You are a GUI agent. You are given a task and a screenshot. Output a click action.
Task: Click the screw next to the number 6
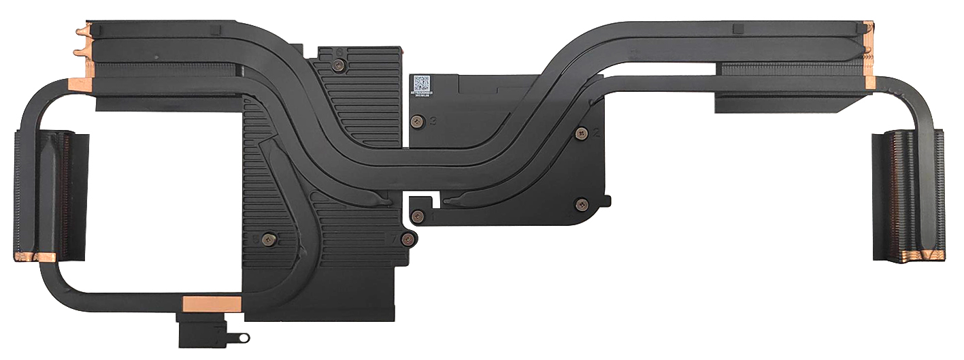(338, 65)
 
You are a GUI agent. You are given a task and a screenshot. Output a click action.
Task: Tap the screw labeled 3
(418, 122)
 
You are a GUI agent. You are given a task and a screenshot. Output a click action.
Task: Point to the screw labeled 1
(418, 216)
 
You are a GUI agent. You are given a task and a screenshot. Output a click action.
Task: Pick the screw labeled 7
(407, 238)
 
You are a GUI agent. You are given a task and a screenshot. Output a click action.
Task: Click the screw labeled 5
(268, 238)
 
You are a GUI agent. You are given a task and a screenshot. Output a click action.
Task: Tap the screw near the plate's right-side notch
(580, 203)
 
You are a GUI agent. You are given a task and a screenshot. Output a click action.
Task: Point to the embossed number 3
(433, 122)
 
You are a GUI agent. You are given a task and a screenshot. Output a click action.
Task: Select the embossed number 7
(393, 239)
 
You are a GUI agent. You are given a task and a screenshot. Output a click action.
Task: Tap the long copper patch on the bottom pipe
(212, 304)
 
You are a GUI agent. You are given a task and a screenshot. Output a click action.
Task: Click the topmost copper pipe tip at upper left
(83, 31)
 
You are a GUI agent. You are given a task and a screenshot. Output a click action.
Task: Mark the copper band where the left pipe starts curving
(80, 84)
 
